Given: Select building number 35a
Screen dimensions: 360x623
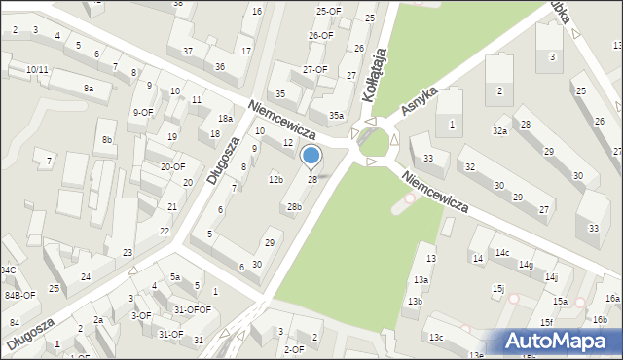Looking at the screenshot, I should [x=336, y=115].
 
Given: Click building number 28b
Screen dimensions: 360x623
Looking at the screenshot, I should [x=293, y=206].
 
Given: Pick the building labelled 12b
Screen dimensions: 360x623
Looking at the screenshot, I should [x=275, y=179].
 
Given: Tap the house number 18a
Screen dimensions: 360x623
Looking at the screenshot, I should [x=225, y=119].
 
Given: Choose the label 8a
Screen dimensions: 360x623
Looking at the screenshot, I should [x=89, y=89].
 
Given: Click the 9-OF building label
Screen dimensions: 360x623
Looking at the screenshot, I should [x=143, y=112].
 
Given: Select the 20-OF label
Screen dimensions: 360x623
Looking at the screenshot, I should [x=173, y=166].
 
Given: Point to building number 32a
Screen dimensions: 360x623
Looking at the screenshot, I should [x=499, y=130].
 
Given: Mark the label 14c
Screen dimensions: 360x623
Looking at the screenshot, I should [x=501, y=253].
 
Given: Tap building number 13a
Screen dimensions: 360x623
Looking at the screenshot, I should [x=420, y=279].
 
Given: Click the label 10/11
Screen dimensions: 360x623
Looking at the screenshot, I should [x=37, y=69].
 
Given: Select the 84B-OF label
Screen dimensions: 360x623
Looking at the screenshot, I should [x=19, y=295].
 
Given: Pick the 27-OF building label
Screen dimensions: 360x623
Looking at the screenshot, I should [x=314, y=70].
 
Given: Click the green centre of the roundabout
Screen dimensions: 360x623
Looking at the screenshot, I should [x=372, y=144].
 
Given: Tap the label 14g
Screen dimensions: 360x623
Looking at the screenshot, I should [x=526, y=265].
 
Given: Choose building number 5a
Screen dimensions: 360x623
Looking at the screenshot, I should [x=175, y=277].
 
